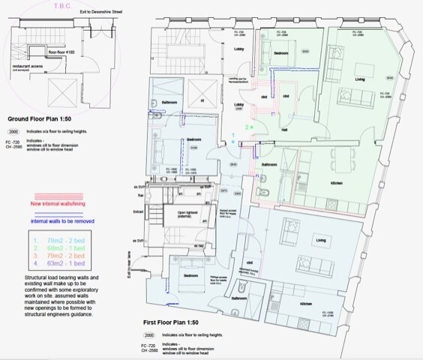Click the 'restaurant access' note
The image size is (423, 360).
(29, 66)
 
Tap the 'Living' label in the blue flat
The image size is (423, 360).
(321, 241)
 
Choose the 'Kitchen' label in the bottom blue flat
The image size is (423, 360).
(306, 304)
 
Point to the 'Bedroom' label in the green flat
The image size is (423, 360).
(280, 54)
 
